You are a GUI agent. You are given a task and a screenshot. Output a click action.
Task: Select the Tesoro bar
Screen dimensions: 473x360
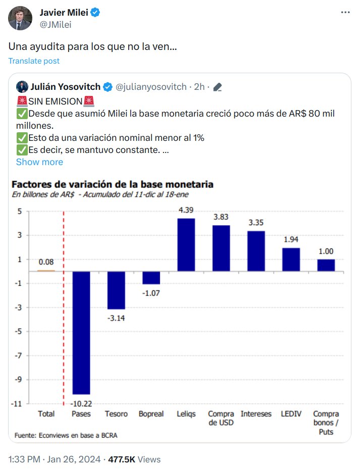click(116, 290)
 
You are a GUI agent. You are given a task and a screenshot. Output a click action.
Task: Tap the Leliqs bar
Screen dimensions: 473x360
click(186, 244)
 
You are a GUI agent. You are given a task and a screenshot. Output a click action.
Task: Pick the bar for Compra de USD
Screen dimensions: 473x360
click(221, 248)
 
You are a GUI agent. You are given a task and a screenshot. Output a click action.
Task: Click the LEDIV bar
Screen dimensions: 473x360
click(291, 259)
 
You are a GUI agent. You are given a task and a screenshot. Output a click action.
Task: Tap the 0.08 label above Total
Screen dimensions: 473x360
click(46, 262)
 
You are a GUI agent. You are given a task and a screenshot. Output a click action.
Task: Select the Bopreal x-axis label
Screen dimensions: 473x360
click(151, 414)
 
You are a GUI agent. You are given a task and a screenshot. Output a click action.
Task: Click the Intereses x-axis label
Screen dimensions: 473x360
click(256, 414)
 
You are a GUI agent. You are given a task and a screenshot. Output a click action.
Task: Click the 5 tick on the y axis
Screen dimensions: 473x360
click(20, 211)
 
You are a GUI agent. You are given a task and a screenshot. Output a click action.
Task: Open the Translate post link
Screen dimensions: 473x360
click(34, 61)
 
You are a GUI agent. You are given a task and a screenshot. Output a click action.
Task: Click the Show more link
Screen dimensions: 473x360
click(39, 162)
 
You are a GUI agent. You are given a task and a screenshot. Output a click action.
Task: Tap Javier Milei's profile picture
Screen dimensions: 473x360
click(20, 18)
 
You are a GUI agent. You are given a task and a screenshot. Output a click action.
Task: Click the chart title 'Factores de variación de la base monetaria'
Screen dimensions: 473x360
click(112, 184)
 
